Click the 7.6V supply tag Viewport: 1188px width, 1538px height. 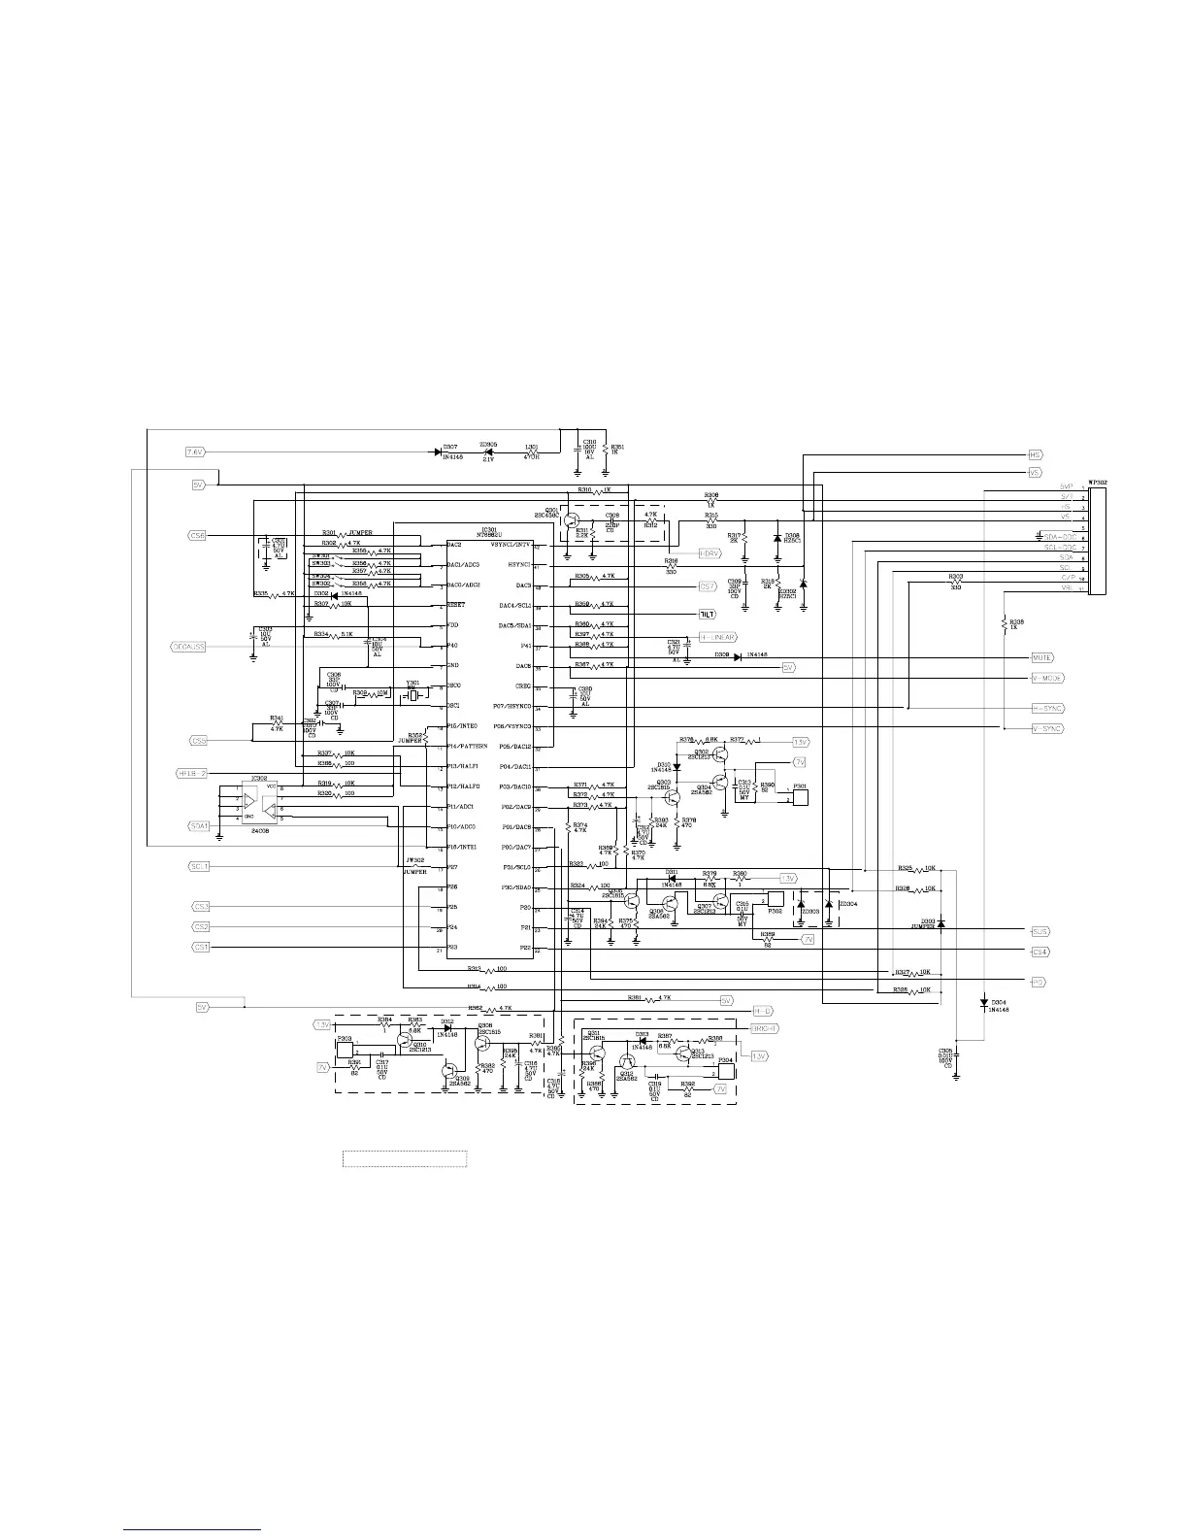tap(194, 451)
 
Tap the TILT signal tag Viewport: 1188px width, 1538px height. tap(707, 615)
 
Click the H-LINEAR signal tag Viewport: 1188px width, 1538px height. tap(718, 637)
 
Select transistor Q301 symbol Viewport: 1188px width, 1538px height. tap(569, 521)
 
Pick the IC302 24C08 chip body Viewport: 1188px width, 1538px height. tap(257, 802)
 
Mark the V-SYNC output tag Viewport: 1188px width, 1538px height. tap(1046, 728)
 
